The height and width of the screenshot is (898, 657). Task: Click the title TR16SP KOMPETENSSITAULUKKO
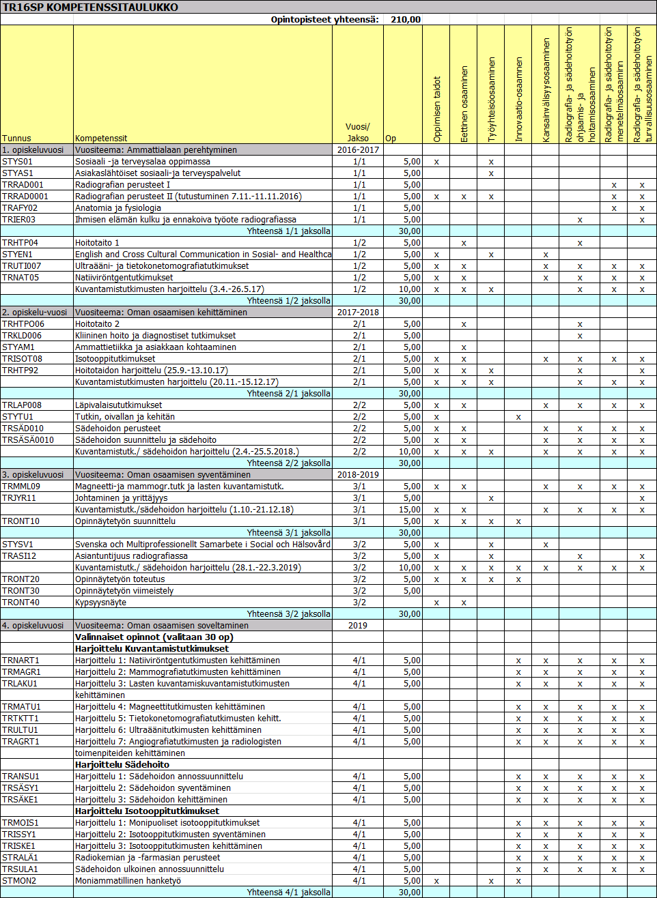tap(90, 8)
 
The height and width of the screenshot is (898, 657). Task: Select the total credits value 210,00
tap(406, 20)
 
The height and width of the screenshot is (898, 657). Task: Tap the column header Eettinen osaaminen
tap(464, 104)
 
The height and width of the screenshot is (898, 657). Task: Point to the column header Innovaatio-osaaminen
tap(519, 100)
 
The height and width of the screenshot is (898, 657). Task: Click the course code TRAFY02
tap(20, 208)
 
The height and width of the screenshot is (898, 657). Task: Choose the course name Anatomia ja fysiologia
tap(118, 208)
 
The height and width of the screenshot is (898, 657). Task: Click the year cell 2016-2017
tap(358, 150)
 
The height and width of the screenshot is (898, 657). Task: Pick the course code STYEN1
tap(17, 255)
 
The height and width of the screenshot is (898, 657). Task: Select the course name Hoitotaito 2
tap(97, 324)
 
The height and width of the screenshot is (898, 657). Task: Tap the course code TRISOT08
tap(22, 359)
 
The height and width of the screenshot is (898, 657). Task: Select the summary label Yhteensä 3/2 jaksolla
tap(288, 614)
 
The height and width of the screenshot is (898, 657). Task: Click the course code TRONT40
tap(20, 603)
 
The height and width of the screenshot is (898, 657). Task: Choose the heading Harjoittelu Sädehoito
tap(122, 765)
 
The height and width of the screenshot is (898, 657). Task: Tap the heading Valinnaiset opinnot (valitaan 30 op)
tap(154, 637)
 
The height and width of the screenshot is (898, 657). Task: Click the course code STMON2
tap(19, 881)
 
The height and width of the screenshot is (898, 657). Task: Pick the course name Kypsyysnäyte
tap(100, 603)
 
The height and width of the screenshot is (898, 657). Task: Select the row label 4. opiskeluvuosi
tap(33, 626)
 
